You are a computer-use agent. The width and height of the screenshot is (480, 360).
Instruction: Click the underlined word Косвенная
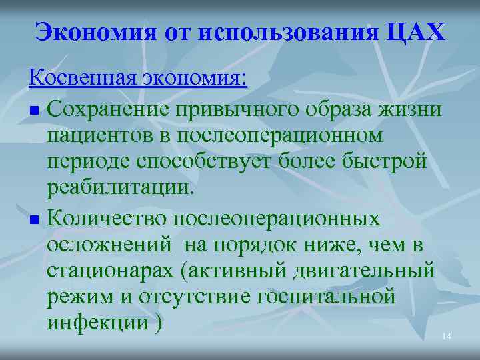[x=83, y=78]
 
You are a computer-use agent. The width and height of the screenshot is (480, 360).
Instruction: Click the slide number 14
[x=447, y=337]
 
